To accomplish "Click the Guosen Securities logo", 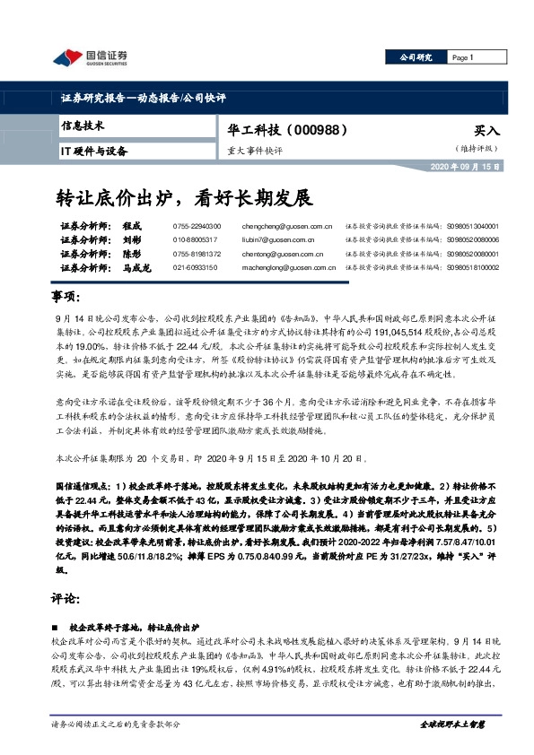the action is click(91, 58).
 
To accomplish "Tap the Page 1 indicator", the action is click(462, 57).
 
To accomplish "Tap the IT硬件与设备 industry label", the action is click(93, 152).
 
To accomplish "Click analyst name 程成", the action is click(132, 228).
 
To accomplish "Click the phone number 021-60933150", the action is click(193, 267).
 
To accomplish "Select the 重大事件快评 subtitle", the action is click(255, 152).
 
